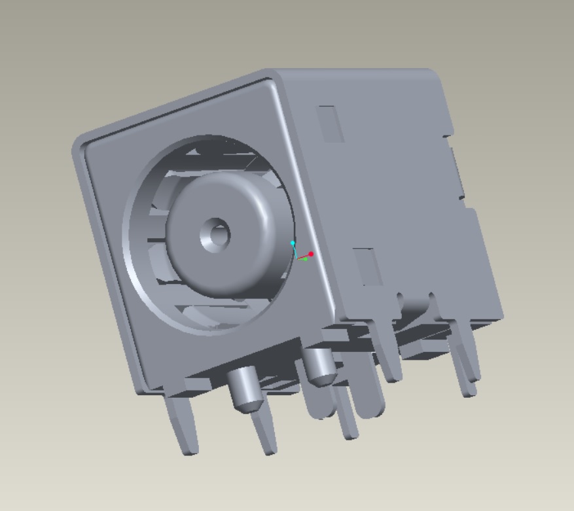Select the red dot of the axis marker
click(311, 254)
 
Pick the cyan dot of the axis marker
click(293, 243)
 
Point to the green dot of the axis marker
click(305, 258)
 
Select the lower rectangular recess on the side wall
click(368, 267)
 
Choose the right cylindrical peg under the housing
click(319, 366)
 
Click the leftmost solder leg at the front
click(181, 425)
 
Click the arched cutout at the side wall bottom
click(415, 304)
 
